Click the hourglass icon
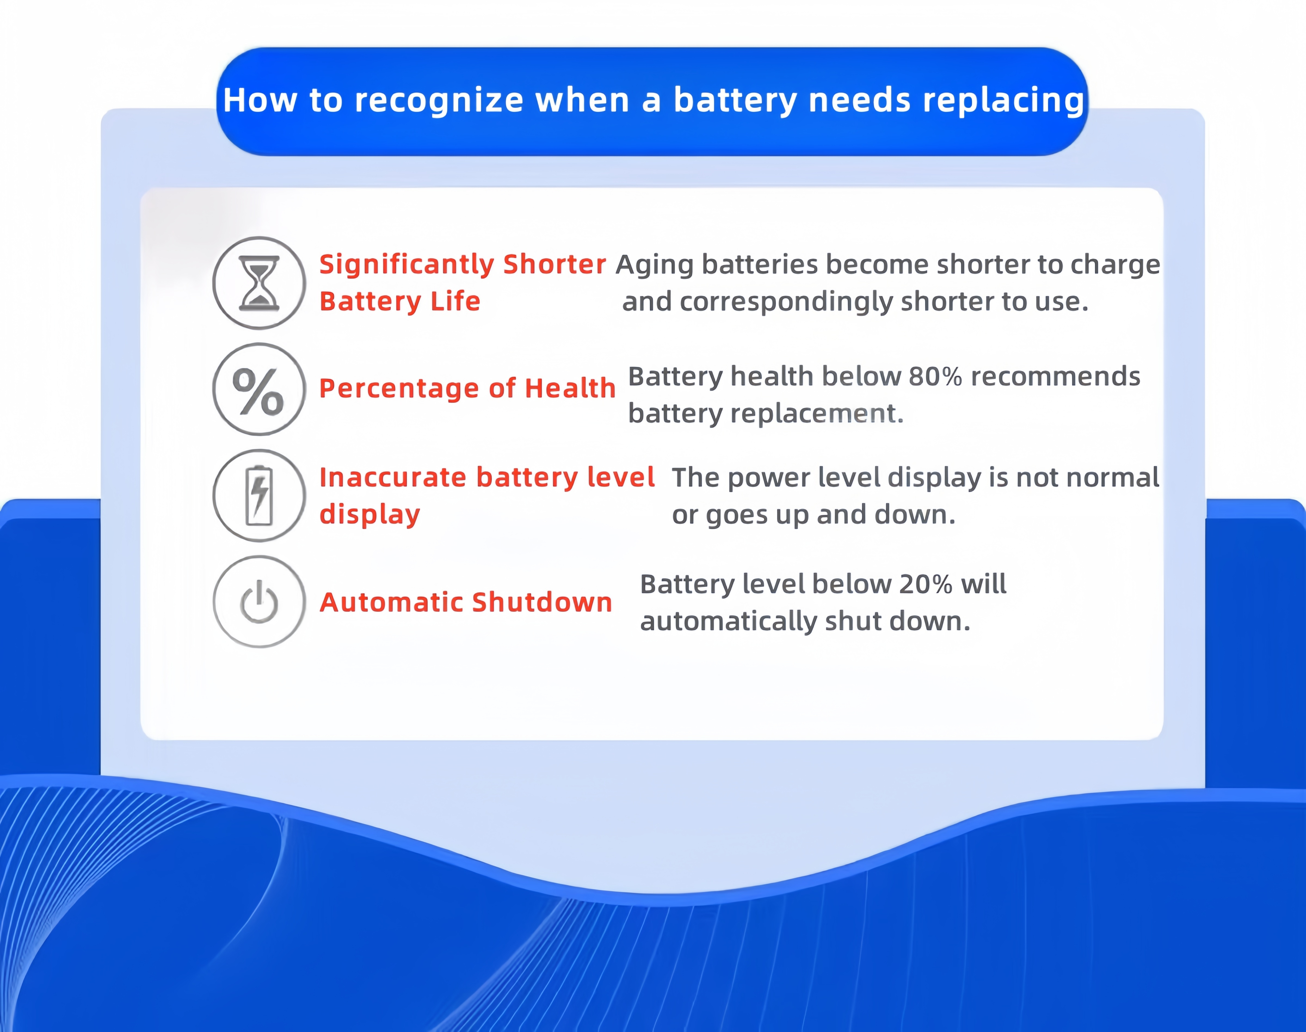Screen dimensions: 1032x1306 [259, 283]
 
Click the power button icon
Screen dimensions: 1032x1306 [259, 602]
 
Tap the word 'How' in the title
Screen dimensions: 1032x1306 [260, 100]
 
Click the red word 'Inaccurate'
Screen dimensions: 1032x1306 [393, 477]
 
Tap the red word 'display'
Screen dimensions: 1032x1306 [369, 515]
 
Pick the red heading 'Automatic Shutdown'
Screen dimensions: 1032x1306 [466, 602]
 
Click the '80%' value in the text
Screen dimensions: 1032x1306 [935, 376]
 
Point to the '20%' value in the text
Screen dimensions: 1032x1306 [925, 584]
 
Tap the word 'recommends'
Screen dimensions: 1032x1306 [1055, 376]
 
